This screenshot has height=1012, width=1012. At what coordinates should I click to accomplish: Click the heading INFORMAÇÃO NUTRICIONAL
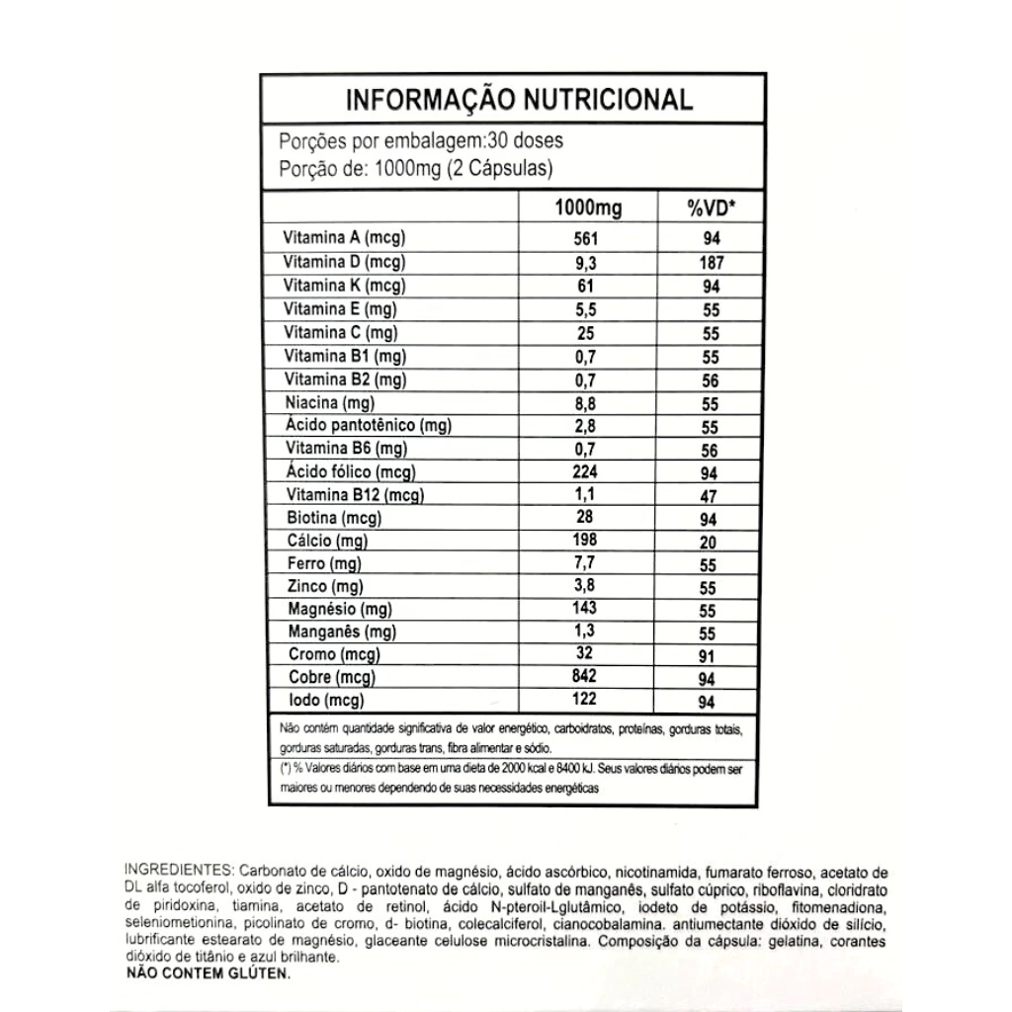coord(518,100)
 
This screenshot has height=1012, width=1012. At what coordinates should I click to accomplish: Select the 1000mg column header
coord(587,208)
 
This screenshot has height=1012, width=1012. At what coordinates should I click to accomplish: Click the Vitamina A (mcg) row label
coord(345,238)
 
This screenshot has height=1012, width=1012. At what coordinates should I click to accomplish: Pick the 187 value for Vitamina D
coord(710,263)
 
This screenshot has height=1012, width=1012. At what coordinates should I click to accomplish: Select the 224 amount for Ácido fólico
coord(587,471)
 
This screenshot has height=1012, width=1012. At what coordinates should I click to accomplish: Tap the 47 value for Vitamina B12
coord(710,496)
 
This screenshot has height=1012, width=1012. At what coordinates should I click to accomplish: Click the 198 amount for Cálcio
coord(587,540)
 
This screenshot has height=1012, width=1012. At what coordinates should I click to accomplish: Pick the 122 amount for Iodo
coord(587,699)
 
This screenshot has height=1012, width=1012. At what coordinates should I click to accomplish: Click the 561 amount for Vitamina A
coord(587,238)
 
